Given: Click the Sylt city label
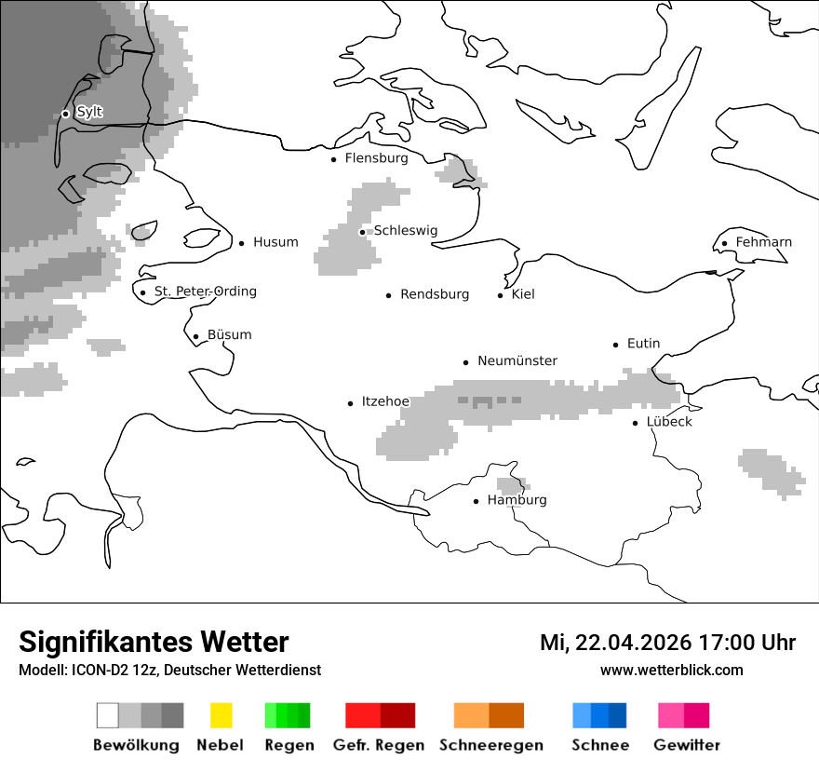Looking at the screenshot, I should click(x=89, y=113).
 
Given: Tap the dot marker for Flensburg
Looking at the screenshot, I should click(x=333, y=159).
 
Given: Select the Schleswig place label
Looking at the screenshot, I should click(x=405, y=231).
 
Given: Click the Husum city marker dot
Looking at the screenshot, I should click(x=241, y=243).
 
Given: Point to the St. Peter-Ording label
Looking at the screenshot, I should click(x=205, y=292).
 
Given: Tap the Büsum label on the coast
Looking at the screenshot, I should click(x=229, y=335).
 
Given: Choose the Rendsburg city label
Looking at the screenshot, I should click(x=434, y=294).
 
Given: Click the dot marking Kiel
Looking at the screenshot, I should click(x=500, y=295).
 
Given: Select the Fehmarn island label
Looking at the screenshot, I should click(x=763, y=242).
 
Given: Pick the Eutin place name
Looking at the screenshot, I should click(x=643, y=344).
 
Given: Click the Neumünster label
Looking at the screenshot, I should click(x=517, y=361).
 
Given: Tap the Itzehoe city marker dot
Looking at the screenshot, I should click(x=350, y=403).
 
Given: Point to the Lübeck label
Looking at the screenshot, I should click(x=669, y=422).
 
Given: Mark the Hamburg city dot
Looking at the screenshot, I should click(x=476, y=501).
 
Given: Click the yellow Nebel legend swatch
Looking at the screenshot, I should click(x=221, y=715).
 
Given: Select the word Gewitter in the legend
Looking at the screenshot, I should click(x=686, y=745).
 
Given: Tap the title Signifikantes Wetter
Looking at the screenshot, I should click(x=154, y=642).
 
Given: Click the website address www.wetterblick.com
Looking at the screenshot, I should click(x=671, y=671).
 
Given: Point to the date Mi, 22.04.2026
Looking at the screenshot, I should click(x=614, y=643).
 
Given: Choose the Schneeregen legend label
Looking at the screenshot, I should click(x=490, y=745).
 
